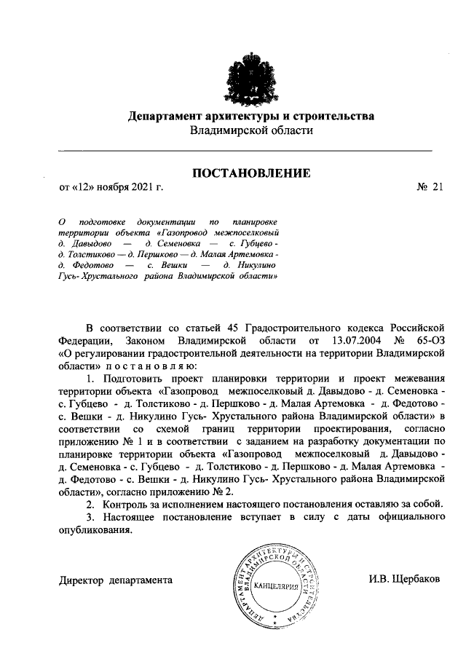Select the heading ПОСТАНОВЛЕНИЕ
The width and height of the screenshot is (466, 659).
click(250, 173)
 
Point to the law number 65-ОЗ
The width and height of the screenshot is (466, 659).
click(432, 339)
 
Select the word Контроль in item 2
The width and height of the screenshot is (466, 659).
click(127, 504)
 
